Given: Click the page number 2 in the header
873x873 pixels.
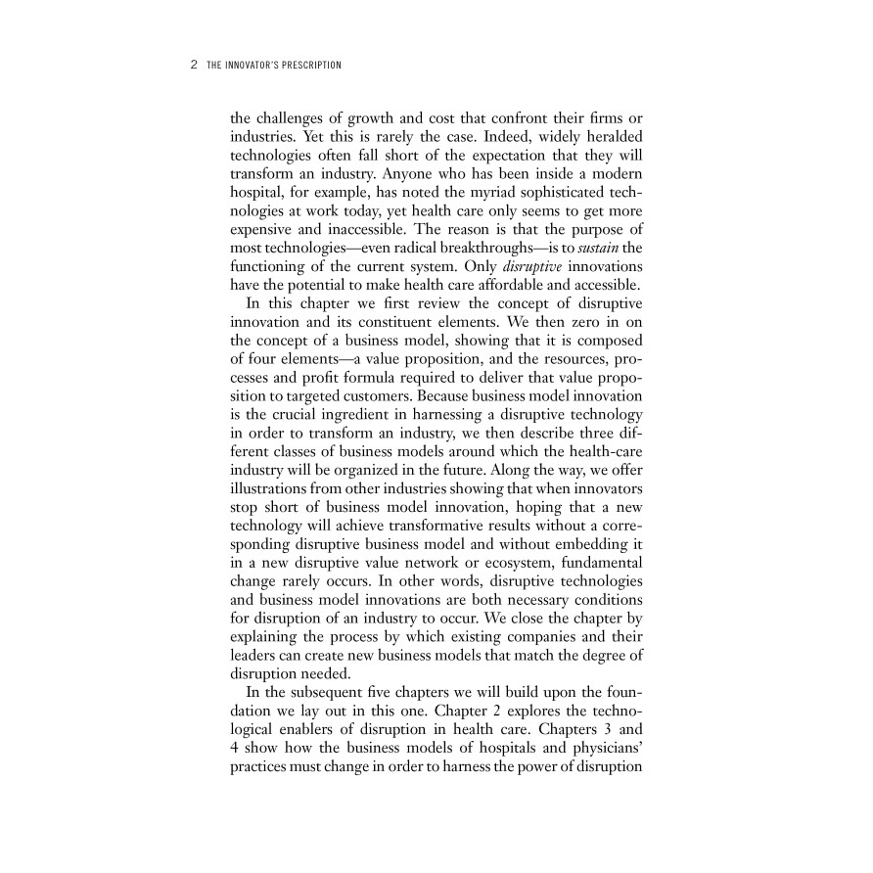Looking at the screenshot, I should point(193,66).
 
